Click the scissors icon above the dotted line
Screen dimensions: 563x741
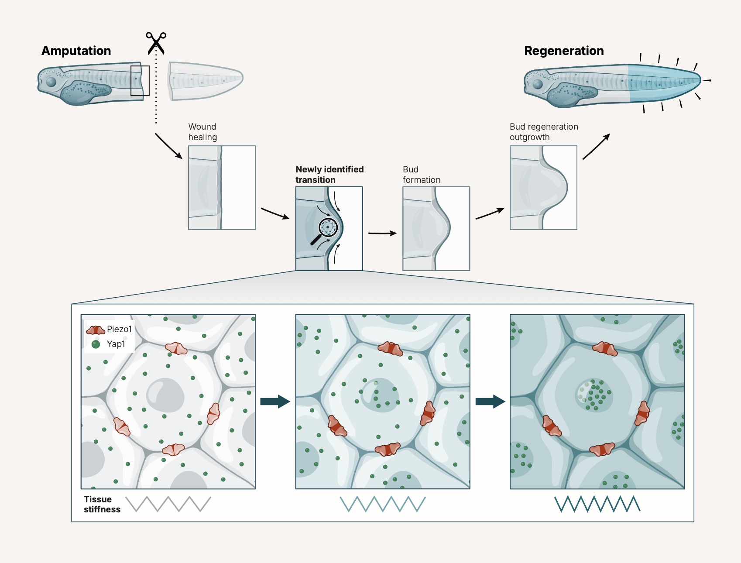point(156,43)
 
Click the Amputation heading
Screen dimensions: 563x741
point(76,51)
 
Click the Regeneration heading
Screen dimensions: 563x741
point(564,51)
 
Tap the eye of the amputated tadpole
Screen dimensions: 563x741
point(51,82)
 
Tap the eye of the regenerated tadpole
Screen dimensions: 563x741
point(538,84)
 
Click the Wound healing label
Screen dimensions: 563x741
point(202,132)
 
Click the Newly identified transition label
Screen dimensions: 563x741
point(329,175)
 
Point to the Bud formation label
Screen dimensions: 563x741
point(421,175)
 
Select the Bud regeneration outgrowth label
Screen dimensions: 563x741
point(544,132)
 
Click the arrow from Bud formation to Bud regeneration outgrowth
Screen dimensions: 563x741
point(490,214)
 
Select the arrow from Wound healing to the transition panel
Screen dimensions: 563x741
point(275,213)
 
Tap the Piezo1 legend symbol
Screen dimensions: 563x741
point(96,330)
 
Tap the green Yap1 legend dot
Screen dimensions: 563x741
point(96,344)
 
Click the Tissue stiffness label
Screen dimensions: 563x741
point(102,504)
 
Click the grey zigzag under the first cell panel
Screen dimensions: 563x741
point(168,504)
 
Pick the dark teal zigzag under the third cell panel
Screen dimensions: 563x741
point(597,504)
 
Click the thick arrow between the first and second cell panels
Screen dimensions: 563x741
point(275,401)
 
